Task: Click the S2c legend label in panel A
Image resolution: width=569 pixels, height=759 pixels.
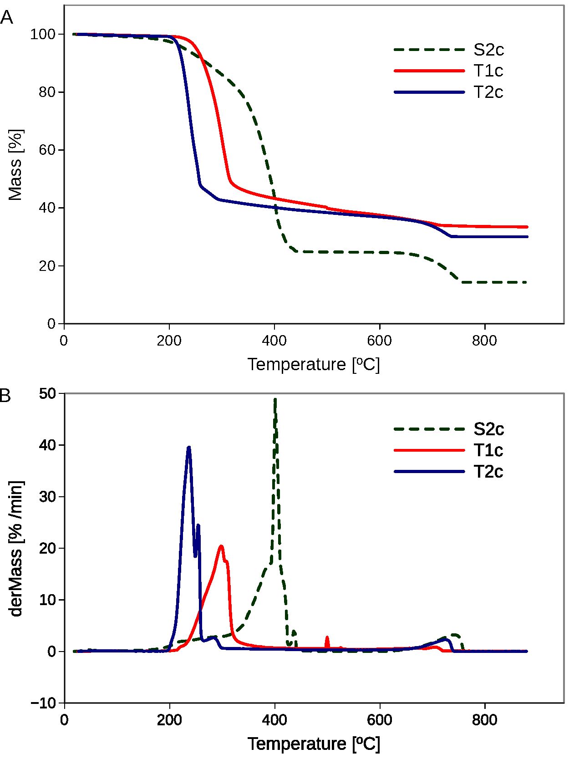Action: point(488,50)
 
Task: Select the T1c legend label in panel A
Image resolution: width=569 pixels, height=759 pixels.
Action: point(488,71)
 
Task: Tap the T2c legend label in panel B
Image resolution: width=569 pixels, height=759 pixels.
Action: point(488,472)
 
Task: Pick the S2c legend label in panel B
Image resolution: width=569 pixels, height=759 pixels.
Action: point(488,429)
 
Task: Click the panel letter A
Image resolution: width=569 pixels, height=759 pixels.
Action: point(6,18)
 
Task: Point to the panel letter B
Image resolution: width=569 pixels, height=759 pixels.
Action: point(5,395)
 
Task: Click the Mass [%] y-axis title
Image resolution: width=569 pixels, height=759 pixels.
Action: point(15,165)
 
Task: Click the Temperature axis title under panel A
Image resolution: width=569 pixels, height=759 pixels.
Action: point(314,365)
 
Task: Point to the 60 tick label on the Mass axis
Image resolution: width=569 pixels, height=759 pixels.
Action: point(47,150)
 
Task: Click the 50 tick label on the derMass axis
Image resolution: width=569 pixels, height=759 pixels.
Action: point(47,393)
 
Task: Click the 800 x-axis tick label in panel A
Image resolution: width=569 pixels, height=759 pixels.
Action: point(484,341)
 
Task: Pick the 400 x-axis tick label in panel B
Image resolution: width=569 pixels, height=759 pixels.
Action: point(274,720)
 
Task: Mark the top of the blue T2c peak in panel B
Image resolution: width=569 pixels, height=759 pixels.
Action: point(189,448)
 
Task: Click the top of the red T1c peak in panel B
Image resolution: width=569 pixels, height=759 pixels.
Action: point(221,546)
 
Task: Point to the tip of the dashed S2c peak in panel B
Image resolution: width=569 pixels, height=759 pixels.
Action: point(275,399)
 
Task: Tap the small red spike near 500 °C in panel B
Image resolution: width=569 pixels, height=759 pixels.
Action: point(327,638)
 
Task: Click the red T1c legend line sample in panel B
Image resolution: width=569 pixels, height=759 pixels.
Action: point(429,450)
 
